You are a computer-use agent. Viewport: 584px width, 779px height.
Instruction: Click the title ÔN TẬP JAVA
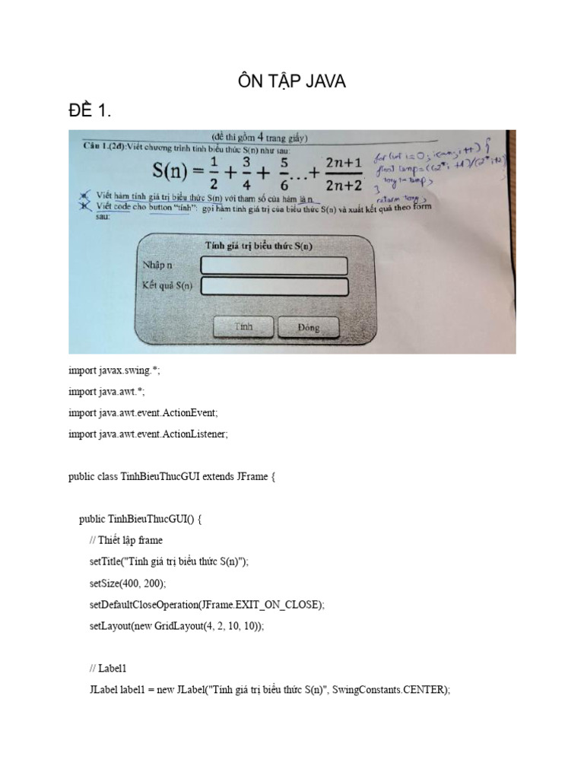(292, 81)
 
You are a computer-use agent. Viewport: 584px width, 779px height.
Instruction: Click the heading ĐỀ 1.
(90, 112)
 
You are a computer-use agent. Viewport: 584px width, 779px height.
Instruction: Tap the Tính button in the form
(243, 327)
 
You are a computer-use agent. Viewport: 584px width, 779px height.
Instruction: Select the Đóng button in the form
(309, 328)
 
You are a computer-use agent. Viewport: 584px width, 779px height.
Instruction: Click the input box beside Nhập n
(274, 265)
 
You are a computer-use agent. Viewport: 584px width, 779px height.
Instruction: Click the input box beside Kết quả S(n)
(274, 287)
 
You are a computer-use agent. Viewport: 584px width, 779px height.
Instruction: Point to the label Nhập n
(158, 265)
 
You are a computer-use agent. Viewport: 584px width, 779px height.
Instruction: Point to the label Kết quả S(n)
(168, 287)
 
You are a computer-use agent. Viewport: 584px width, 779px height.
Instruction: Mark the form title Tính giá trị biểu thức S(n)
(259, 245)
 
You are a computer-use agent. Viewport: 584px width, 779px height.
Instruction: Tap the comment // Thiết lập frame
(125, 541)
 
